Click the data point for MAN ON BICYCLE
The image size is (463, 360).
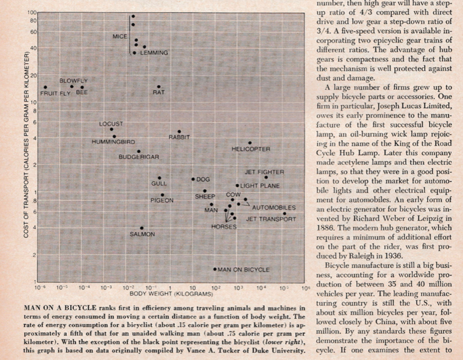[215, 269]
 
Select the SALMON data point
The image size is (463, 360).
[142, 228]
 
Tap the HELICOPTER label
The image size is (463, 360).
[251, 149]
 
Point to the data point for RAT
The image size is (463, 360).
[159, 87]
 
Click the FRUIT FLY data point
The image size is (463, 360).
[45, 87]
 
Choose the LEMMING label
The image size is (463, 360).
[154, 53]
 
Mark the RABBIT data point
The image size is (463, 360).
[179, 131]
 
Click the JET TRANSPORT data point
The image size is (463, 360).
[285, 214]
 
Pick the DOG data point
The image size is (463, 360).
[193, 179]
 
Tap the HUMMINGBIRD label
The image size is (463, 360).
[113, 142]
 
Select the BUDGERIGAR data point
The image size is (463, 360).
[139, 151]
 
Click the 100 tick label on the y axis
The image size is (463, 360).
[32, 12]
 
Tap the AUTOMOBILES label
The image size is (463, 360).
[273, 208]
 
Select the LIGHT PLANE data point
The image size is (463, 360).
[237, 186]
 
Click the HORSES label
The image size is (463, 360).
[223, 227]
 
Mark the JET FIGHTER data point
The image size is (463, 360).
[266, 177]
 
